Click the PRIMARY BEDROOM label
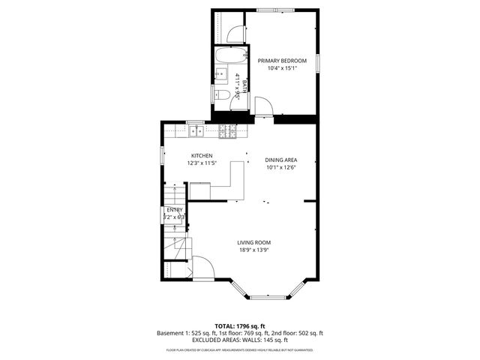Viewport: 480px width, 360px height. (282, 61)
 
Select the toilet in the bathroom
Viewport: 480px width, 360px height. (223, 94)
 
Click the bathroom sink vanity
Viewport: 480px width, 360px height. (221, 74)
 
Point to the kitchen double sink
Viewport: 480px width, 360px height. (196, 132)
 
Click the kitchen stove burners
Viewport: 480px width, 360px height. (228, 132)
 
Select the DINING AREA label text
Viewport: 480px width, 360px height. (281, 160)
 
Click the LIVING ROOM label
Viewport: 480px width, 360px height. (253, 242)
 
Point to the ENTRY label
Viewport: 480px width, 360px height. (174, 210)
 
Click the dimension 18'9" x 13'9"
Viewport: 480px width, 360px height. (253, 250)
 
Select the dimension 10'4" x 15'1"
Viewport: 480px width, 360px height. (282, 68)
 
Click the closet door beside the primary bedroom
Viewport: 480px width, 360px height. (235, 34)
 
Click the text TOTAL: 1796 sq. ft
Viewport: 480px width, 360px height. (240, 326)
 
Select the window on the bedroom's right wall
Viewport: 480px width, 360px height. (317, 63)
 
